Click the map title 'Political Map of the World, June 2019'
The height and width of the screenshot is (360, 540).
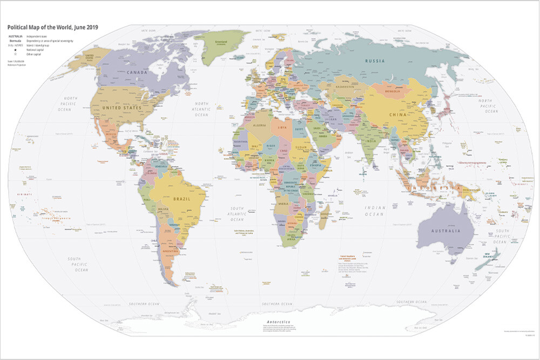[52, 28]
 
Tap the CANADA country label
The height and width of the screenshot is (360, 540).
[138, 71]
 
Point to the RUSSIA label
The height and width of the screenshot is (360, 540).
[375, 60]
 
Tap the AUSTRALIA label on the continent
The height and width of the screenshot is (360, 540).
[446, 230]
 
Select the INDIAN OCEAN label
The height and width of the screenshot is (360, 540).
[375, 210]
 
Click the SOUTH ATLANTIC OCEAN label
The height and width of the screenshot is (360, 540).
[237, 214]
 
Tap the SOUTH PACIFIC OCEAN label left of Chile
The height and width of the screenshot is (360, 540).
[78, 264]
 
